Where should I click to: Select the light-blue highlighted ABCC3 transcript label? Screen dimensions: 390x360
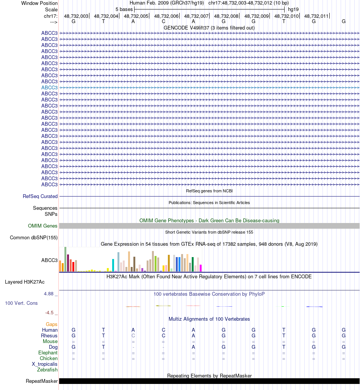coord(49,87)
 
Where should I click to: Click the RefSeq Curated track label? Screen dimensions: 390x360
coord(40,197)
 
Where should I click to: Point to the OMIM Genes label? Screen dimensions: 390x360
coord(43,226)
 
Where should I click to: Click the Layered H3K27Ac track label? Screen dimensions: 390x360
coord(25,282)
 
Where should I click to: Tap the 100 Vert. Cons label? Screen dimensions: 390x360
coord(21,303)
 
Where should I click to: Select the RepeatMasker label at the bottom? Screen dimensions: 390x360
coord(42,381)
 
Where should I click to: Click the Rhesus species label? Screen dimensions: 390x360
coord(49,336)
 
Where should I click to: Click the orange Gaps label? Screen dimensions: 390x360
coord(52,324)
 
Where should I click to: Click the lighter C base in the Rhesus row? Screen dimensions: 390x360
coord(133,336)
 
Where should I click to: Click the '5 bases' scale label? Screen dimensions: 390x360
coord(124,9)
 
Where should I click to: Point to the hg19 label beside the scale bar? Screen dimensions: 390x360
coord(293,9)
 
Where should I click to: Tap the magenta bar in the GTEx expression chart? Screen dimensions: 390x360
coord(200,268)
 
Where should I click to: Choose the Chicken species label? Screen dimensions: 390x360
coord(49,359)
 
